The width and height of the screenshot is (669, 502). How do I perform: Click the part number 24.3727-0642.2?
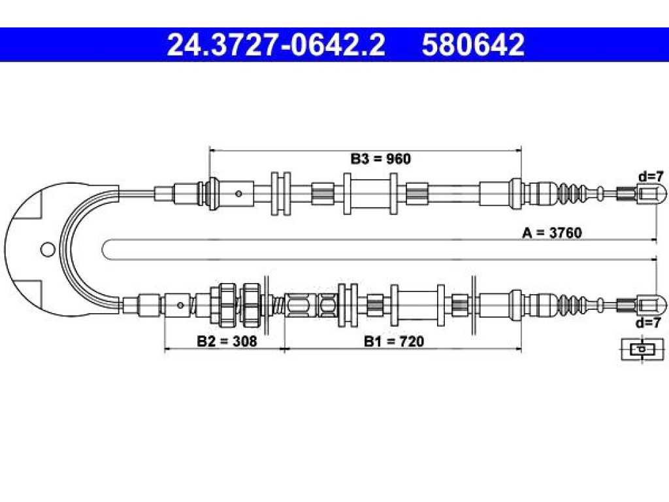point(276,45)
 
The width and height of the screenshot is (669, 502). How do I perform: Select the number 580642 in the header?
point(473,45)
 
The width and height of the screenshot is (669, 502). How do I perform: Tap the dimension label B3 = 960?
point(381,159)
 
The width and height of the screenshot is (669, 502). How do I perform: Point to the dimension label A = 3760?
point(551,233)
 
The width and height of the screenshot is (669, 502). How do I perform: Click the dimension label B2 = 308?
point(227,341)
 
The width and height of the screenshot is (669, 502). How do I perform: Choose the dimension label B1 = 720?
point(394,341)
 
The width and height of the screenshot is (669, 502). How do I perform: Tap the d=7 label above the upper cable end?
point(651,176)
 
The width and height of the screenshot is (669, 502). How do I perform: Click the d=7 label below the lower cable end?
point(649,323)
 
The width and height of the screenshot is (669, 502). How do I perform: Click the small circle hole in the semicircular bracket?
point(48,249)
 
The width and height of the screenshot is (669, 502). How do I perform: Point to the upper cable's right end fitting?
point(651,193)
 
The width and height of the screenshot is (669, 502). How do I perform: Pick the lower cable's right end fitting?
point(651,305)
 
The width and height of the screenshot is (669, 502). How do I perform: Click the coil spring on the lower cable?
point(278,305)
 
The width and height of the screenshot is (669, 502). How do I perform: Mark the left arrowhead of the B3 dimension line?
point(212,150)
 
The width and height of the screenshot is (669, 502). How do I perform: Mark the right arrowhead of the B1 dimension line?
point(518,349)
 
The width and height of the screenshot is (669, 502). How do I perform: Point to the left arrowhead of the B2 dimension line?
point(168,349)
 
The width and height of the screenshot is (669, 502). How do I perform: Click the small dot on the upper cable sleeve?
point(238,193)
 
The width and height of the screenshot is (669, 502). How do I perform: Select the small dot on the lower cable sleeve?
point(180,305)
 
